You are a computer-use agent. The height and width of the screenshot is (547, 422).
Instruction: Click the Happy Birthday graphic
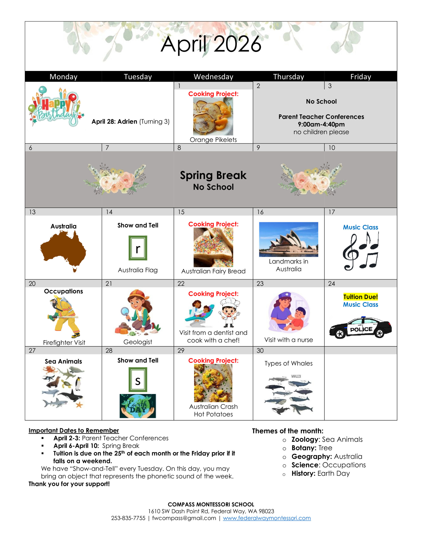click(56, 106)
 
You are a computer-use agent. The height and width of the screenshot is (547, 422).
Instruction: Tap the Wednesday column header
click(213, 77)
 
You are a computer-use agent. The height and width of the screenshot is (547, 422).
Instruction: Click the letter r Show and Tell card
click(138, 248)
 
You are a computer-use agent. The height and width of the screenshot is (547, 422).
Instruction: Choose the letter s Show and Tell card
click(138, 379)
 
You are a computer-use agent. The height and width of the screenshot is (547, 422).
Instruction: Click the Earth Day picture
click(138, 406)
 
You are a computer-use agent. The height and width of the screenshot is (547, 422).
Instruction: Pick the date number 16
click(260, 212)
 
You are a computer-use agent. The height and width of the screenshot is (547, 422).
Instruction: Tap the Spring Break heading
click(213, 175)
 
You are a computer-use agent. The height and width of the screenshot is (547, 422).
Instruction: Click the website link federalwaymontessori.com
click(267, 518)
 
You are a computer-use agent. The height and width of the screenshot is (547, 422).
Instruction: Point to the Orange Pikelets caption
click(213, 140)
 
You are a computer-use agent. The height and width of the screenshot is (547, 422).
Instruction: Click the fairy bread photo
click(213, 247)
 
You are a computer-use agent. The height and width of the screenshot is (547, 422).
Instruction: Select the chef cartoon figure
click(230, 314)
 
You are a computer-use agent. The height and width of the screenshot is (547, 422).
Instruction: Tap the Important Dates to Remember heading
click(74, 430)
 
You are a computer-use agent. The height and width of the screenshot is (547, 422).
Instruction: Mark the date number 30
click(260, 351)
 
